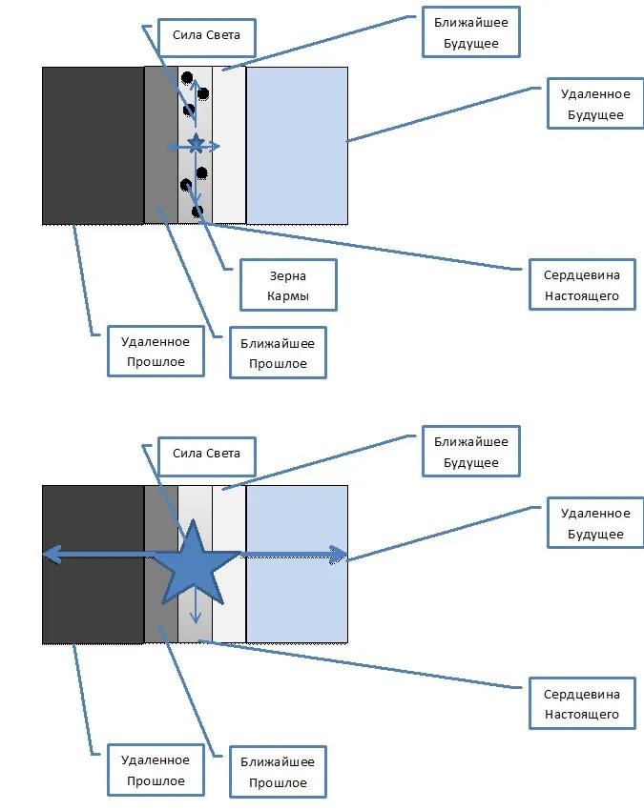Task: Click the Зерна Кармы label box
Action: (288, 285)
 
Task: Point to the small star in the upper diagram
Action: (196, 144)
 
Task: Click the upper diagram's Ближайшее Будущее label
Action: (471, 32)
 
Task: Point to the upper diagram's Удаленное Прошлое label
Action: (155, 352)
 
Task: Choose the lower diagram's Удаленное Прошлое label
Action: (155, 771)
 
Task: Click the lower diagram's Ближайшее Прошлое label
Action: (278, 772)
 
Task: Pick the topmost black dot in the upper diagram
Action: (187, 78)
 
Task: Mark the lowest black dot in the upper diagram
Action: (197, 211)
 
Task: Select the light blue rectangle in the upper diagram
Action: (296, 145)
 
